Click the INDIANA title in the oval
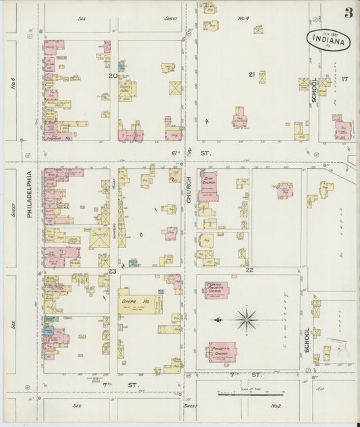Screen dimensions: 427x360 tap(332, 41)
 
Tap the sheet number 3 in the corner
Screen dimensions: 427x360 tap(348, 12)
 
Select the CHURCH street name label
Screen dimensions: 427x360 tap(189, 190)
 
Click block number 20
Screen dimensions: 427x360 tap(113, 76)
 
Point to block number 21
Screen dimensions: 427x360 tap(252, 74)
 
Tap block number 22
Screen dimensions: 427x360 tap(249, 270)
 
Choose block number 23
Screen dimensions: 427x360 tap(113, 271)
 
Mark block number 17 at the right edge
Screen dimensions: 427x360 tap(344, 80)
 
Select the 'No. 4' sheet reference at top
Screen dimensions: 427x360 tap(224, 18)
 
